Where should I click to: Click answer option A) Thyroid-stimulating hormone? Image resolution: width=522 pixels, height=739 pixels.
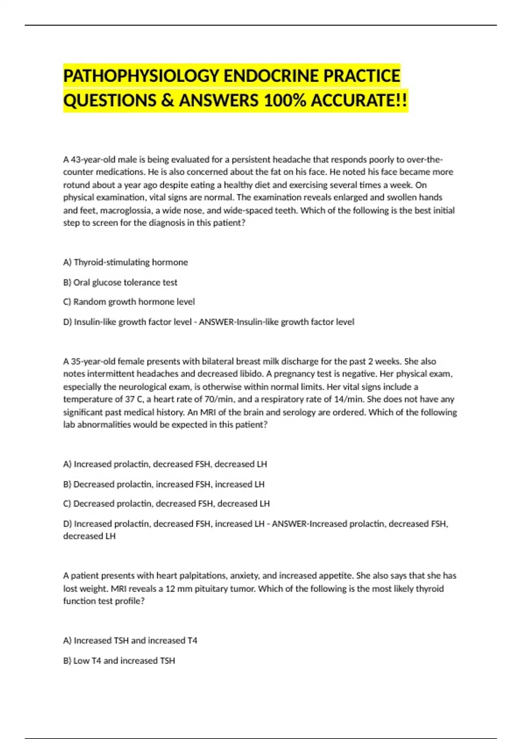tap(126, 262)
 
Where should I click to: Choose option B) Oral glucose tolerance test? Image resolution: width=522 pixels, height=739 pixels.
tap(120, 282)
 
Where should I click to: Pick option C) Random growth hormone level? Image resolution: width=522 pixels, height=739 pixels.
tap(129, 302)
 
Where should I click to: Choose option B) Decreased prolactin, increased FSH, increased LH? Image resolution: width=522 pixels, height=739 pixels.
tap(164, 484)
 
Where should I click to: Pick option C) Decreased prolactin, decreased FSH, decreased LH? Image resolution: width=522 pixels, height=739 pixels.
tap(166, 503)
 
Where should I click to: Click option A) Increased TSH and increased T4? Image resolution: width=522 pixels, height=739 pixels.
tap(130, 640)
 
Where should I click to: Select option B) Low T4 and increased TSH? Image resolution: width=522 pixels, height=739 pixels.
tap(119, 660)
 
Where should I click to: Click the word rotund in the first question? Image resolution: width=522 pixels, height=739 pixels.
tap(77, 185)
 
